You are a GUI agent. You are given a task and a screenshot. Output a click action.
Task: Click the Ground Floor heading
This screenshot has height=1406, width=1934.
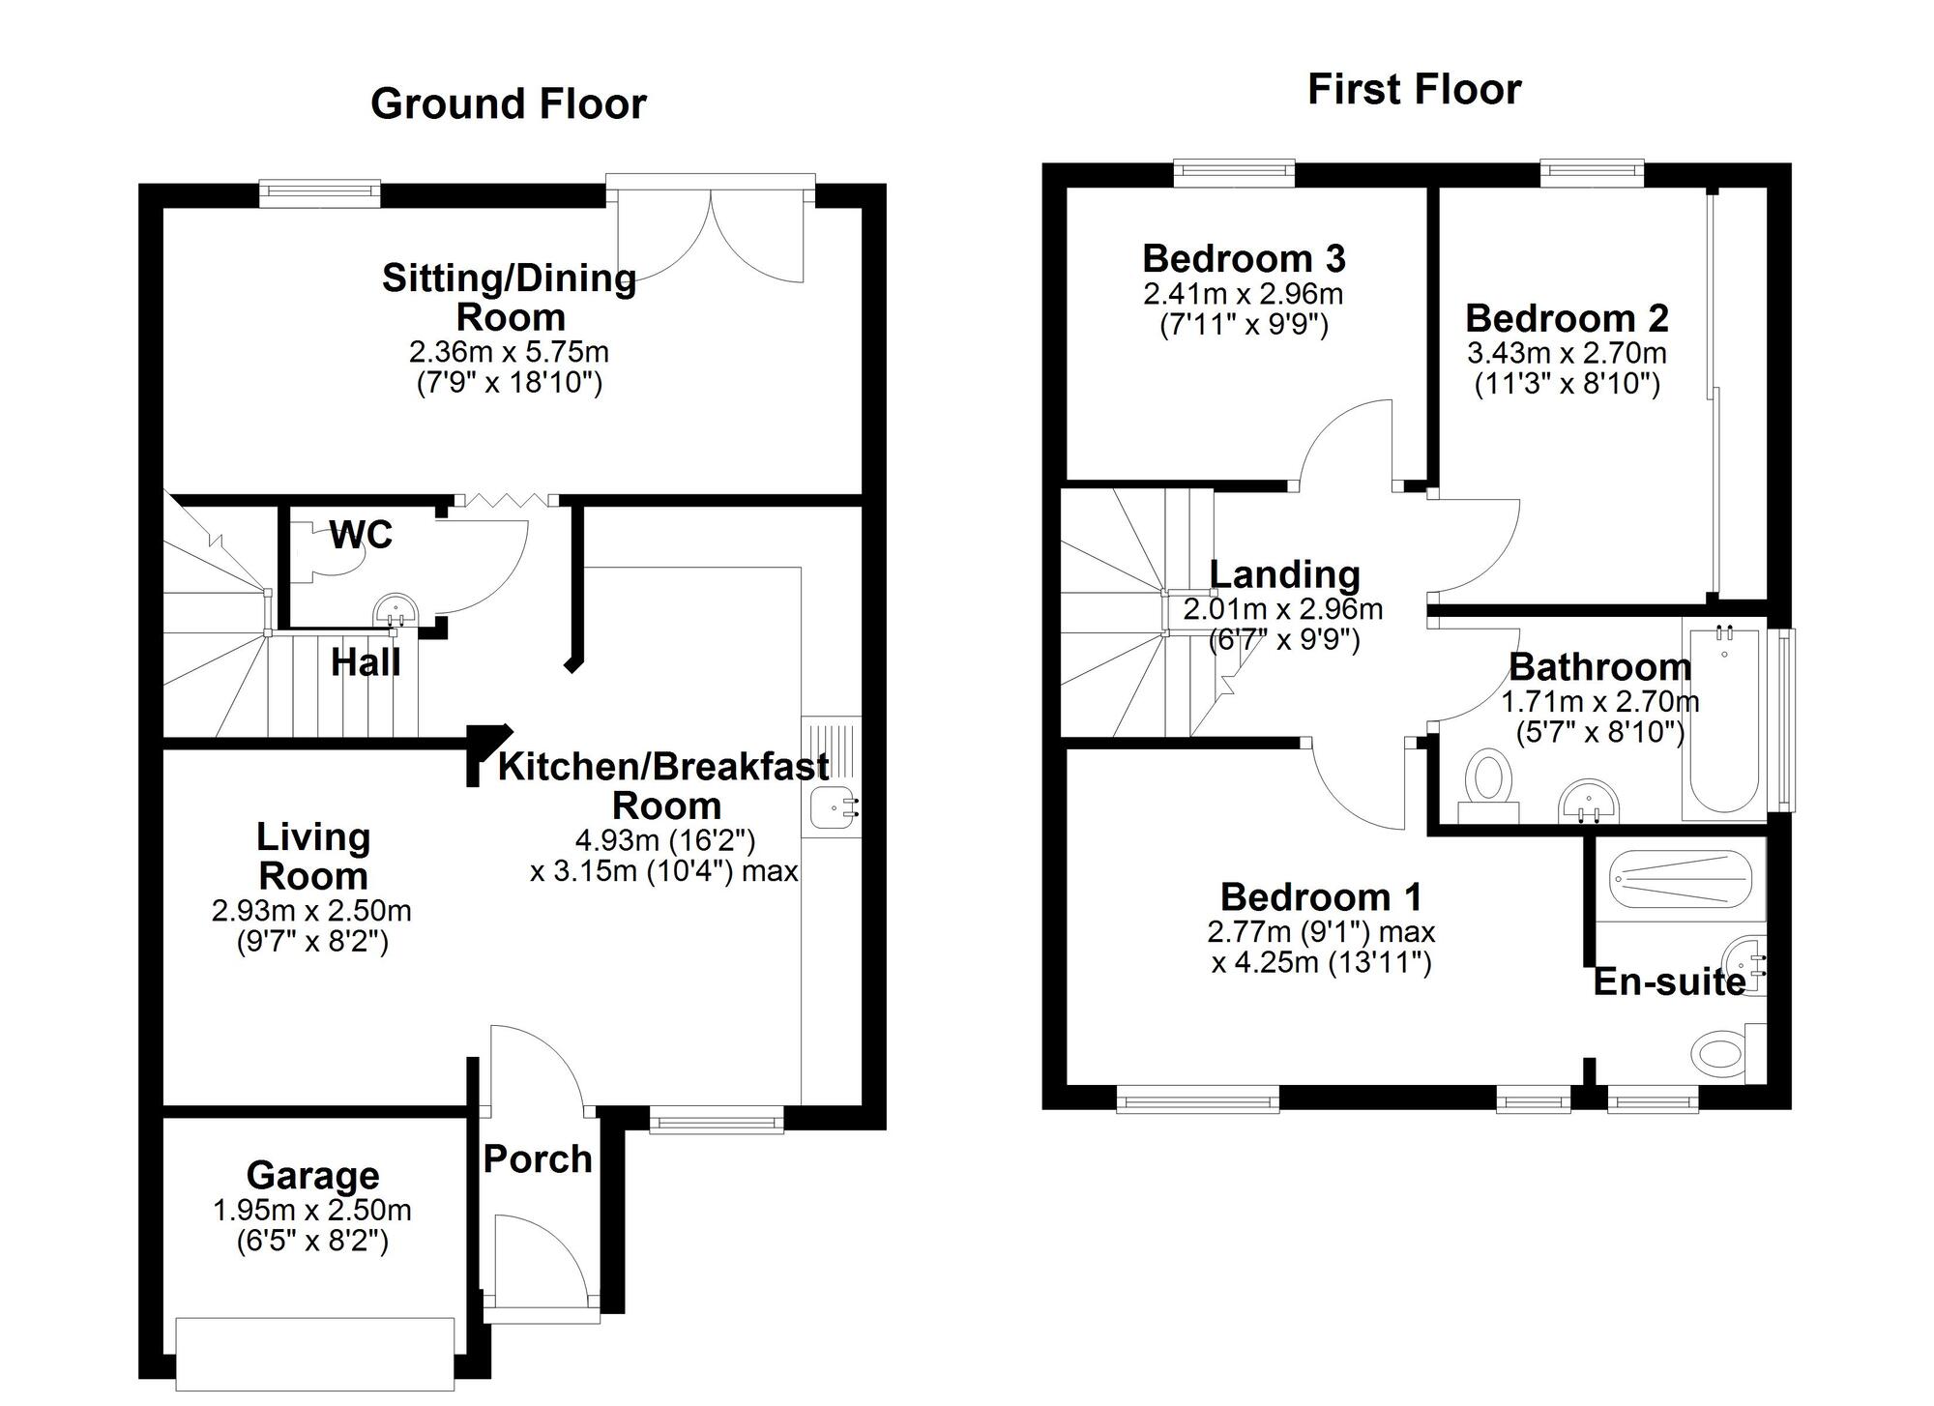tap(508, 104)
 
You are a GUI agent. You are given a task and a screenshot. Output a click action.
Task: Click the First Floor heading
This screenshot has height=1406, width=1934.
tap(1414, 90)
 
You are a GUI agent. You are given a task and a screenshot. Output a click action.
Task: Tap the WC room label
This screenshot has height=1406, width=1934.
tap(361, 535)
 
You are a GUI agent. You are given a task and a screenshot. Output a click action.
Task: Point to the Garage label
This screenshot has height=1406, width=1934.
tap(312, 1176)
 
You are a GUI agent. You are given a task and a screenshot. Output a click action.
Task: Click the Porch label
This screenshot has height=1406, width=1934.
tap(538, 1159)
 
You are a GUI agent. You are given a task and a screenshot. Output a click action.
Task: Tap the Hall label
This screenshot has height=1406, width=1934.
tap(366, 663)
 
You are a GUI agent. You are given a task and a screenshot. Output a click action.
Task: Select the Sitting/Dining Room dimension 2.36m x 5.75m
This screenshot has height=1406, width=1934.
tap(509, 352)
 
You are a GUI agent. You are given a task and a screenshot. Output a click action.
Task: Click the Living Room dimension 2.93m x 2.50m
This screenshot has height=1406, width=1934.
tap(311, 911)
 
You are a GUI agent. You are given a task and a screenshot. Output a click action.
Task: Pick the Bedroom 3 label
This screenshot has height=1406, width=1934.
tap(1244, 259)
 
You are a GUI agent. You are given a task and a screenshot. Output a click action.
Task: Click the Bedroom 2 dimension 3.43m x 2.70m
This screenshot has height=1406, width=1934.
tap(1567, 353)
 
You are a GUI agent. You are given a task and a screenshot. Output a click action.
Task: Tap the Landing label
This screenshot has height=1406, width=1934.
tap(1284, 575)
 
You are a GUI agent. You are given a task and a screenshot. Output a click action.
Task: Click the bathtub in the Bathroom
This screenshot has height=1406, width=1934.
tap(1724, 720)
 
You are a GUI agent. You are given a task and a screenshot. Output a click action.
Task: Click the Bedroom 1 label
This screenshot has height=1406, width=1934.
tap(1321, 897)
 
